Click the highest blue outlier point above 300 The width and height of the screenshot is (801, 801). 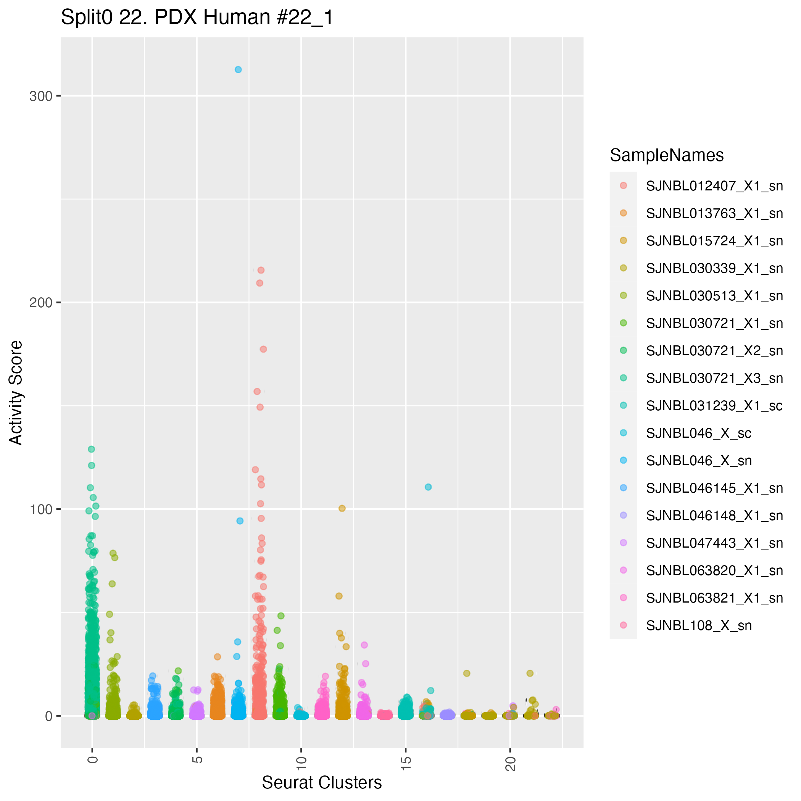[x=238, y=70]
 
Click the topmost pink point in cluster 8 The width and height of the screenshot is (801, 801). [x=261, y=270]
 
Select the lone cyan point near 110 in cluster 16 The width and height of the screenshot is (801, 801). [x=428, y=487]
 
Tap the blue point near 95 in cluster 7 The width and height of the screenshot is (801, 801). [x=240, y=521]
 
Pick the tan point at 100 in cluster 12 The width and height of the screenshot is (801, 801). [x=342, y=509]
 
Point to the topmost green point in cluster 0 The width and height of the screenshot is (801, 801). [x=91, y=450]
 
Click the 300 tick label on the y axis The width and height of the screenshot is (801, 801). [x=40, y=96]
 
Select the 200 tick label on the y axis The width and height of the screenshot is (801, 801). [x=40, y=303]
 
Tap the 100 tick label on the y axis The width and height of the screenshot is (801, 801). [x=40, y=509]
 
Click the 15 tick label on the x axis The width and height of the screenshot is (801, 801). [x=407, y=763]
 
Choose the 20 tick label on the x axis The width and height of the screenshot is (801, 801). [x=511, y=763]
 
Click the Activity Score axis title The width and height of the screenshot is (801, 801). [x=16, y=393]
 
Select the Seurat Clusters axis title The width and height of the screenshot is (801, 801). [x=322, y=783]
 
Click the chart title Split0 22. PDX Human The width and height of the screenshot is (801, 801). [x=197, y=18]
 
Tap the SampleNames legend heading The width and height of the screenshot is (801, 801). [x=667, y=155]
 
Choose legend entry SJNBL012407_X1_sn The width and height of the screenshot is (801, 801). [x=714, y=186]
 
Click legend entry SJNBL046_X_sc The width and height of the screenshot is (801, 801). [x=699, y=433]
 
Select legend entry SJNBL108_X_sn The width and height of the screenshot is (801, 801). [x=699, y=625]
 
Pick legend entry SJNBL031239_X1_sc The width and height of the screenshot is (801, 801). [x=714, y=406]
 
